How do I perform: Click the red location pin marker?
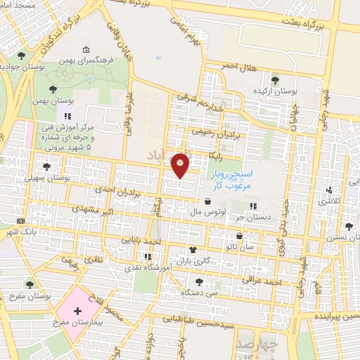(x=181, y=165)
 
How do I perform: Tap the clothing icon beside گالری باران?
(x=193, y=250)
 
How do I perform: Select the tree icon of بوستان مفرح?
(x=30, y=284)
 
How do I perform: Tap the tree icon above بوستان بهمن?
(x=53, y=89)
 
